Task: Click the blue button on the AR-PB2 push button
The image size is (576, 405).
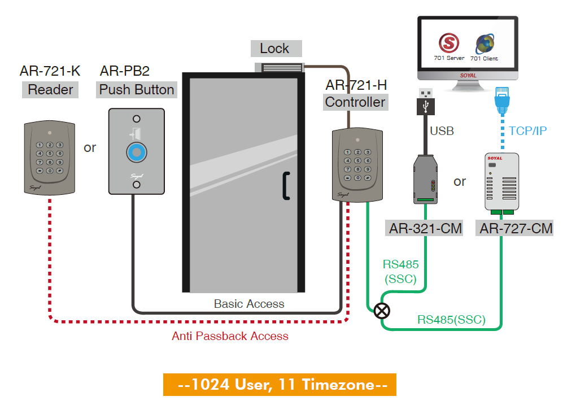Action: tap(136, 153)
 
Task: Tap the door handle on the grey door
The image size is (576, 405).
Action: tap(286, 185)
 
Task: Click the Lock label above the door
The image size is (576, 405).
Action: tap(276, 49)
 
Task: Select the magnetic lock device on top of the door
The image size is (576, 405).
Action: tap(280, 68)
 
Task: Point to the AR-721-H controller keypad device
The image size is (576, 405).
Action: tap(356, 164)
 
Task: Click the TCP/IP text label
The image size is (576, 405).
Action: tap(527, 130)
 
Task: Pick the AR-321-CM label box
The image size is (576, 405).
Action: tap(425, 229)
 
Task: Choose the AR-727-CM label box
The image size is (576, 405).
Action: tap(516, 229)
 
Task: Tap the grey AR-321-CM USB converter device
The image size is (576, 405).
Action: tap(425, 178)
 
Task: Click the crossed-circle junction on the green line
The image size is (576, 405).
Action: tap(382, 310)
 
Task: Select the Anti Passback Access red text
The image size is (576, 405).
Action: tap(230, 336)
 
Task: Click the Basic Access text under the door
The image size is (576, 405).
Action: tap(249, 303)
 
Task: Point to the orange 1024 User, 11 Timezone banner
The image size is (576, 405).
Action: tap(280, 385)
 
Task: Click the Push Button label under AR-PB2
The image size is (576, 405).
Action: tap(137, 90)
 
